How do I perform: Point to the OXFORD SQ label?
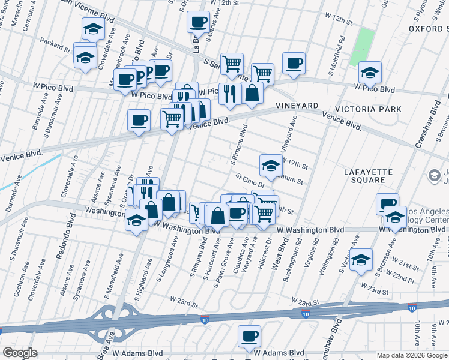point(429,28)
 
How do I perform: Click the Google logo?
point(19,353)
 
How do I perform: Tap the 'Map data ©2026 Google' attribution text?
point(412,355)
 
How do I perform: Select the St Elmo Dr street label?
point(250,180)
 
